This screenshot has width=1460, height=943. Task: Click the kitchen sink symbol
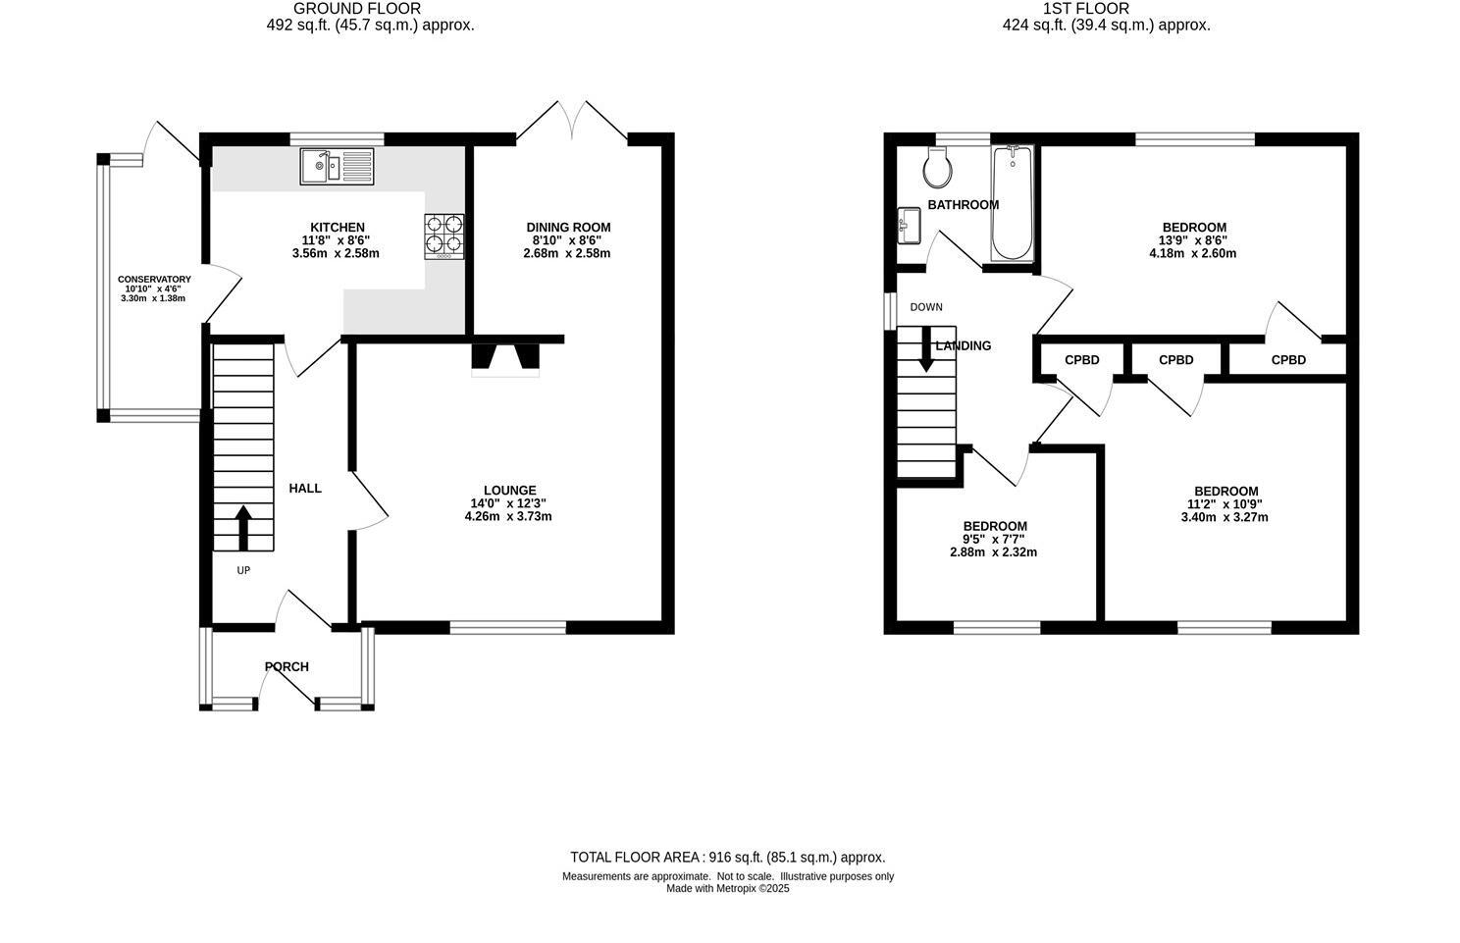click(x=337, y=165)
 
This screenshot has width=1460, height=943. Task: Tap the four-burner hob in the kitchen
click(x=443, y=236)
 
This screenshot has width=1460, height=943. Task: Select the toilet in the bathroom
click(x=938, y=169)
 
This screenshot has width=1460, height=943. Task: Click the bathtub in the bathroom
click(x=1013, y=203)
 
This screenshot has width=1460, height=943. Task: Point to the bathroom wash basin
click(x=908, y=226)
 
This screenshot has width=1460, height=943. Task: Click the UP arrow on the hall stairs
click(x=242, y=527)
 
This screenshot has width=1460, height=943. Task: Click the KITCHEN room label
click(x=338, y=227)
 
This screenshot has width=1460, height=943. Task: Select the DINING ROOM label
click(x=568, y=227)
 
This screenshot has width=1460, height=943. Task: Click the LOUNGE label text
click(x=509, y=491)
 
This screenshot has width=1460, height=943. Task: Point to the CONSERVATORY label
click(x=154, y=280)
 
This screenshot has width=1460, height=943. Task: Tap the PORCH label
click(x=287, y=667)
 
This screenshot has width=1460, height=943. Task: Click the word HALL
click(x=305, y=488)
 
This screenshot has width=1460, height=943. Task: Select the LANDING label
click(x=964, y=345)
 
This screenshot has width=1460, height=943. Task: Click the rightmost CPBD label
click(x=1288, y=360)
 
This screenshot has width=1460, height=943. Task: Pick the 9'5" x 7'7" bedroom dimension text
click(x=994, y=539)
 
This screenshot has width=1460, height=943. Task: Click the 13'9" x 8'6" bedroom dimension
click(x=1194, y=240)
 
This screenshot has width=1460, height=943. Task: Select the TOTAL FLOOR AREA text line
click(x=727, y=857)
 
